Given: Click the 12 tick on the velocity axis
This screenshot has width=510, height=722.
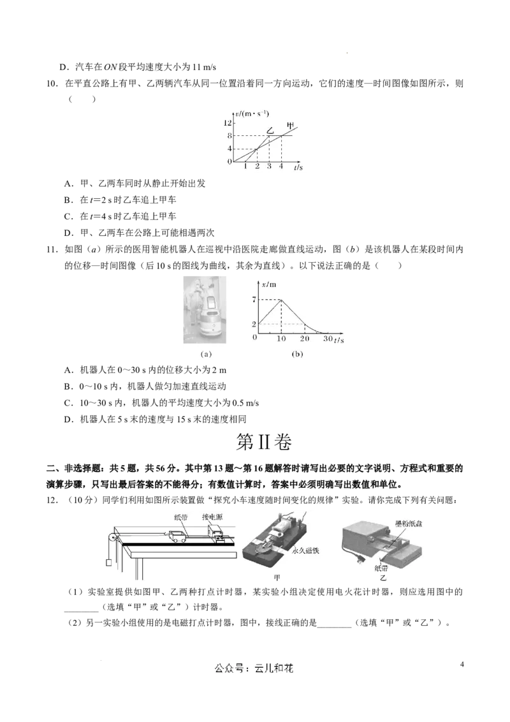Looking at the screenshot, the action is coord(228,122).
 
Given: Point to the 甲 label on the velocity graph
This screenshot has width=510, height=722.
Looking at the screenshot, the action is coord(291,125).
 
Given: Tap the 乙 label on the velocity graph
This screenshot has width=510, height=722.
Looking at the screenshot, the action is coord(270,130).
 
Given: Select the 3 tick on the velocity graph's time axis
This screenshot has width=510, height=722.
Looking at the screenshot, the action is coord(269,166).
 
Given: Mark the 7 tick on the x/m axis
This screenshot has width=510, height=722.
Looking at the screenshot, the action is coord(254,300).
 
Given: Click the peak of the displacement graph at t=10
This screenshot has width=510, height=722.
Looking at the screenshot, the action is coord(281,300).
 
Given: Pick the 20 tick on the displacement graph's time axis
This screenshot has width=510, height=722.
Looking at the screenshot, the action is coord(305,339).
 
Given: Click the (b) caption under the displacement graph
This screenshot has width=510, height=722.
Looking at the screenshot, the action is coord(297,354).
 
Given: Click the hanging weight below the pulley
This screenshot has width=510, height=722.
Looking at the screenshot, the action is coord(109,563).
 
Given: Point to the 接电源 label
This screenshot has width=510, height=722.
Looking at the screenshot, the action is coord(212,517).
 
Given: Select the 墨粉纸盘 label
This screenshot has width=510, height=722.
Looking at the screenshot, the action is coord(409,524).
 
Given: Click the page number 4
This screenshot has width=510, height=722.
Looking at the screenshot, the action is coord(462,664).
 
